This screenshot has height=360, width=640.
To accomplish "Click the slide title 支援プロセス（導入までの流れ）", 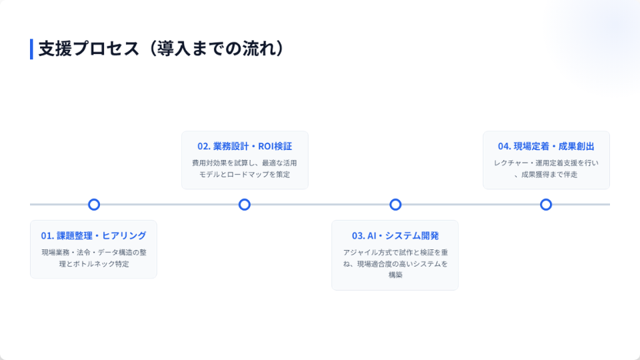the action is click(x=161, y=49).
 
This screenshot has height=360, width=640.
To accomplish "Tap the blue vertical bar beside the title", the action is click(x=31, y=49).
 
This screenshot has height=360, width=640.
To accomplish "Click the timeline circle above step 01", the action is click(x=94, y=205).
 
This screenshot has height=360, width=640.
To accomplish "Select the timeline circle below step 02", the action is click(x=245, y=205).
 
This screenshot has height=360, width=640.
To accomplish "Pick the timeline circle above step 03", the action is click(x=395, y=205).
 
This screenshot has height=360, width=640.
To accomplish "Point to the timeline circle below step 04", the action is click(x=546, y=205).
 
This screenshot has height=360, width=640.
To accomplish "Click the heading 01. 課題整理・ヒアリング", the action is click(x=93, y=235).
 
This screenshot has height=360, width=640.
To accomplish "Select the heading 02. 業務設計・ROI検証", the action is click(x=245, y=146).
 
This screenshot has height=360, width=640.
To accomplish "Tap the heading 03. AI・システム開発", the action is click(x=395, y=235).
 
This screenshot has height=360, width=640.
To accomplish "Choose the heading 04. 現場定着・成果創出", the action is click(x=546, y=146).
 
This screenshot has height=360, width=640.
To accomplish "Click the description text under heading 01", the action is click(x=94, y=258).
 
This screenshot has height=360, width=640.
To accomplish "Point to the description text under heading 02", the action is click(x=245, y=169).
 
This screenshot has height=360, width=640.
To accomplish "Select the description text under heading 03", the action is click(x=395, y=264).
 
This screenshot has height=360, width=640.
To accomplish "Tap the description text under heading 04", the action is click(x=546, y=169).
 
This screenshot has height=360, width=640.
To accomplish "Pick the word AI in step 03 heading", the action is click(x=372, y=235).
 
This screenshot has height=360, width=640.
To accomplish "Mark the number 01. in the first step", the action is click(x=47, y=235).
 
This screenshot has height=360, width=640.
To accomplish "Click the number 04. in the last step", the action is click(x=505, y=146).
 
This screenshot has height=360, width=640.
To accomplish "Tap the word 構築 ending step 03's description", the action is click(x=395, y=275).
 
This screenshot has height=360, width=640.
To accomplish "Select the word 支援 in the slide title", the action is click(x=55, y=49).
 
